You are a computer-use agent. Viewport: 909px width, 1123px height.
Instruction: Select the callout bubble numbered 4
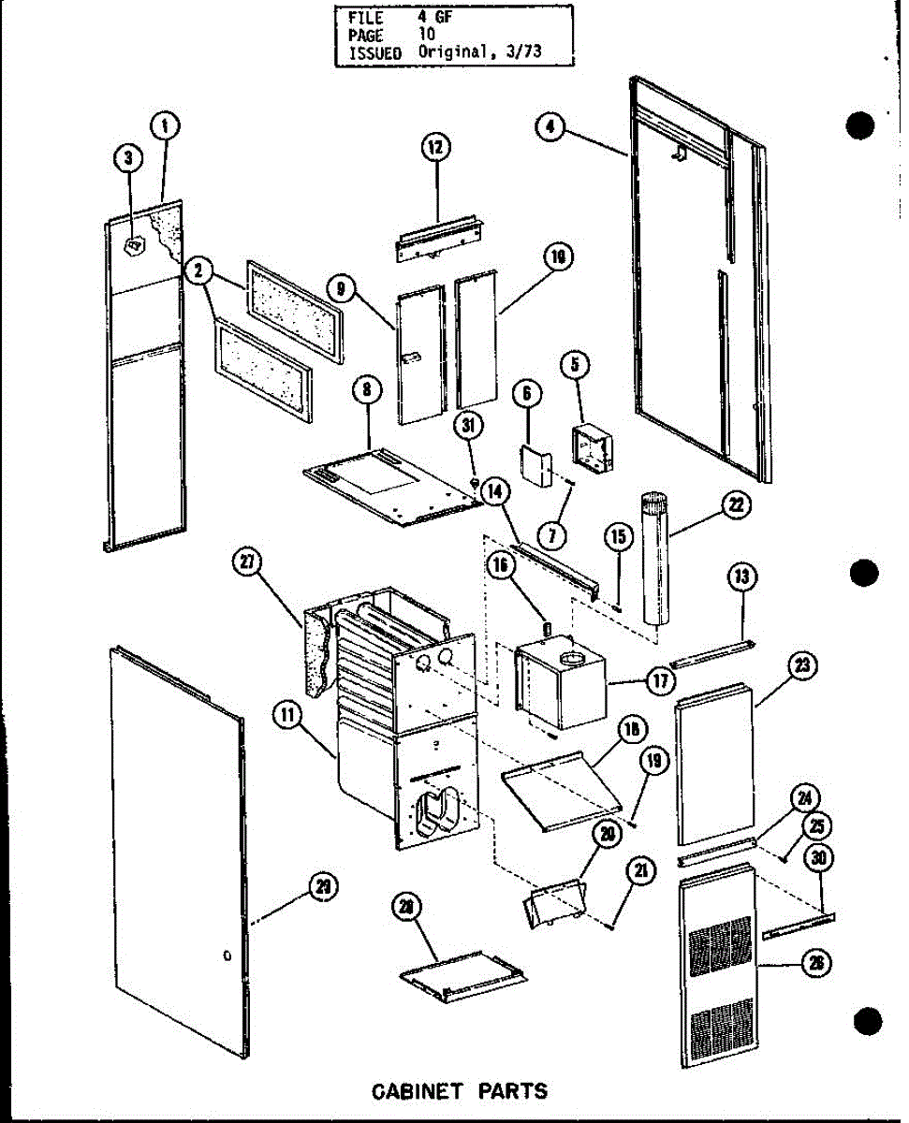click(x=553, y=127)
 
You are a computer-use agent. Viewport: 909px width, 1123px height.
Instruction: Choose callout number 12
click(x=435, y=147)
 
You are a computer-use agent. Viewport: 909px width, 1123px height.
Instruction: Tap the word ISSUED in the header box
click(x=374, y=53)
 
